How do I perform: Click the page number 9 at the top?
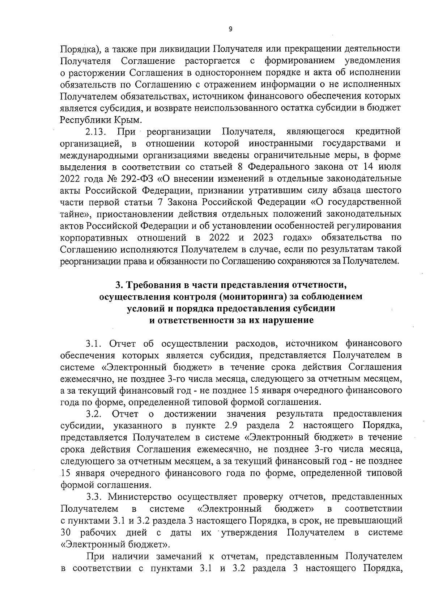(x=230, y=30)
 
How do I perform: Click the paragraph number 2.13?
(x=95, y=132)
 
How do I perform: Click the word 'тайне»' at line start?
(x=74, y=214)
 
